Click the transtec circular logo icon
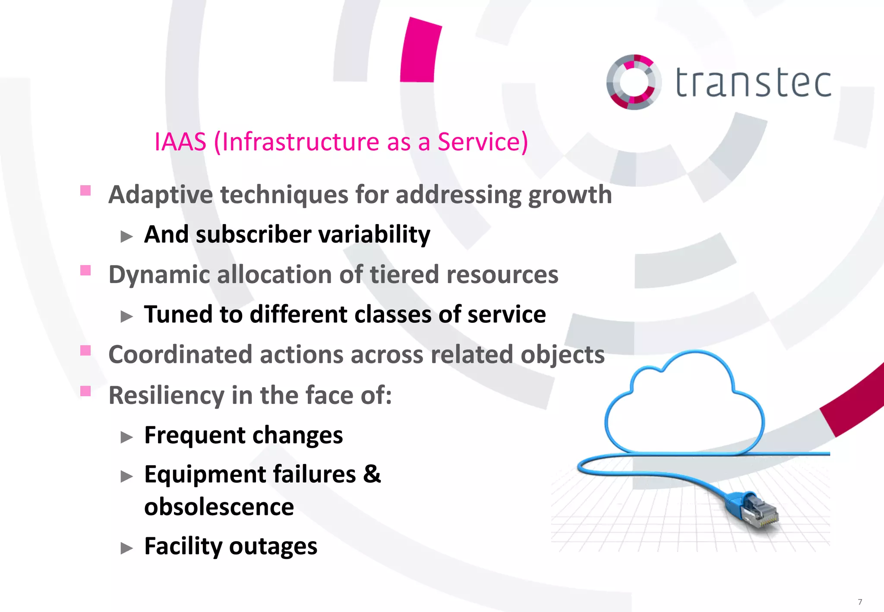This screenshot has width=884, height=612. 633,82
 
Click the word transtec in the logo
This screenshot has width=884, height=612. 753,82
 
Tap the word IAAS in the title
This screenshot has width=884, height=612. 180,142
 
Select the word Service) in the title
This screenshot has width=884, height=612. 483,142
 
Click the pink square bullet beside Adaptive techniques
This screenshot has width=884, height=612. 85,190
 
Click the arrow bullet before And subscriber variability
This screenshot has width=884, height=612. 126,236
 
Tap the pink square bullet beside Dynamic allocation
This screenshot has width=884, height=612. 85,270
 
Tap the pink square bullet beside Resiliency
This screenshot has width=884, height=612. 85,391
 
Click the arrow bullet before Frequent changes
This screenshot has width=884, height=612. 126,437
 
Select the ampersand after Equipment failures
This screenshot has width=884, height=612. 372,474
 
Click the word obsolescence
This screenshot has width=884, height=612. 219,507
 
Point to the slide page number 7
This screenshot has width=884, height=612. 860,602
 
